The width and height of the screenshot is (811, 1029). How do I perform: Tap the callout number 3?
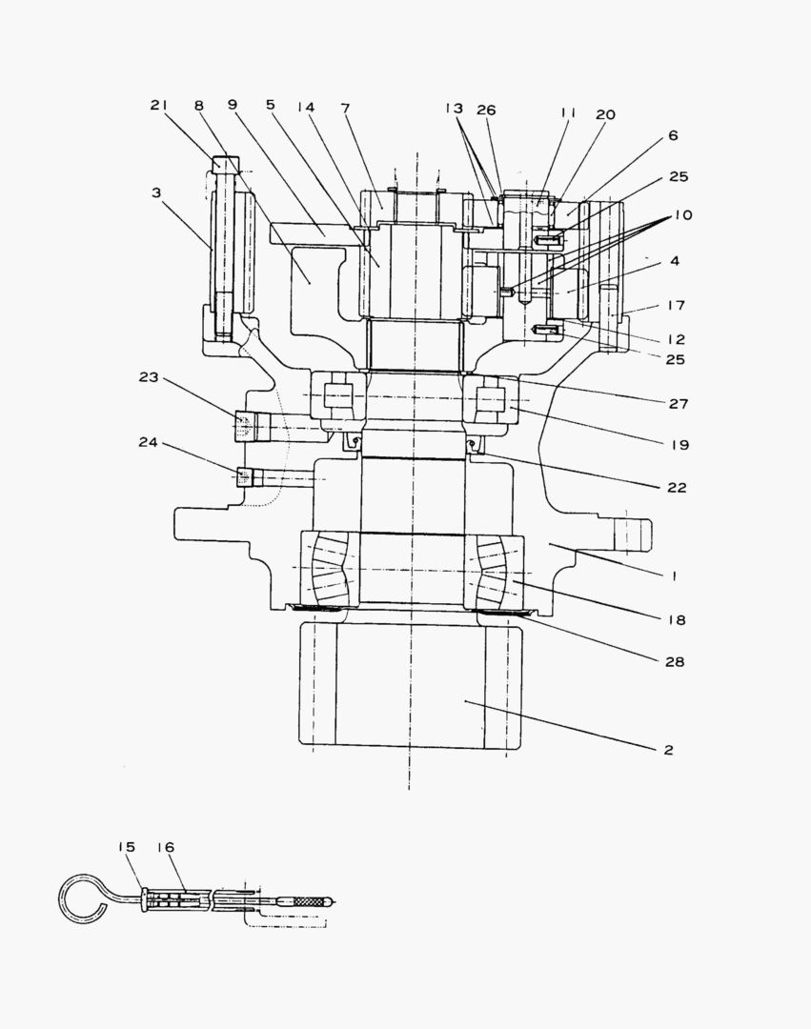coord(155,192)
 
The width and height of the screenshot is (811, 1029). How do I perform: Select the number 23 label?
coord(149,376)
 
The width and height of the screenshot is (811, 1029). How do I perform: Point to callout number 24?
coord(149,443)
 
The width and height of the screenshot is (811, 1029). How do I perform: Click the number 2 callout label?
coord(668,750)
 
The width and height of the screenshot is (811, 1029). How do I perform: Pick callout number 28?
coord(676,661)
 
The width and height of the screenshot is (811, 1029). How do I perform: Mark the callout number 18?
coord(677,620)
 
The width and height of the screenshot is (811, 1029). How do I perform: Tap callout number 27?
coord(678,403)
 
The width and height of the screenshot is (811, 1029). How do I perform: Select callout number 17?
coord(676,306)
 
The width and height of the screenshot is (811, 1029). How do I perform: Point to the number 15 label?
coord(127,847)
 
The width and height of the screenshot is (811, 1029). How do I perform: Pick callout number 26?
coord(486,111)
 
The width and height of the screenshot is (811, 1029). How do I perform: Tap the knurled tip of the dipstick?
coord(311,899)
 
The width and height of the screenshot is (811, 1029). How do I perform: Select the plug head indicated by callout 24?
coord(244,475)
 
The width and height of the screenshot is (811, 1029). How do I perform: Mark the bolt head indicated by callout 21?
coord(221,164)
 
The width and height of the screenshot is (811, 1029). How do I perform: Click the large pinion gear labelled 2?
coord(410,686)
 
